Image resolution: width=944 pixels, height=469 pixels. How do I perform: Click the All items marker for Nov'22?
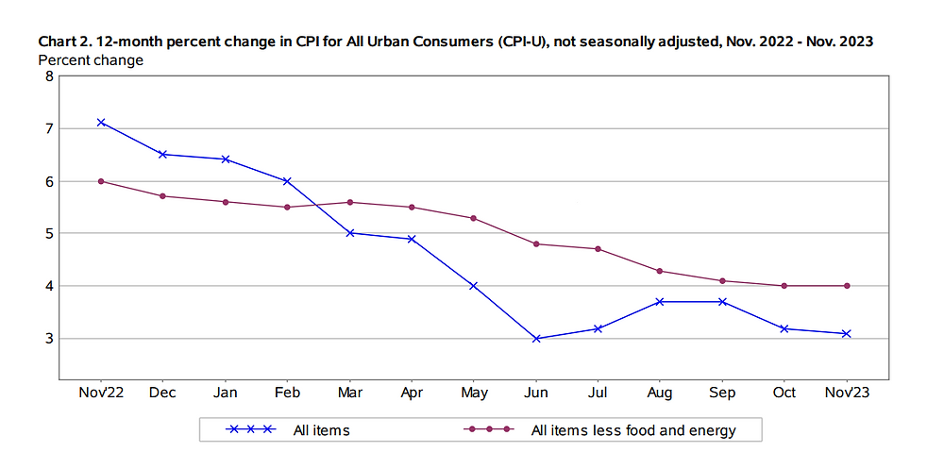(x=101, y=122)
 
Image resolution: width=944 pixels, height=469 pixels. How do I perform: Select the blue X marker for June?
(x=536, y=338)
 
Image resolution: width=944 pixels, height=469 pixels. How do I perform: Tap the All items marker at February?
(x=287, y=181)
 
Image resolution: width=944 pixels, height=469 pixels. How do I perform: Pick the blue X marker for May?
(x=474, y=285)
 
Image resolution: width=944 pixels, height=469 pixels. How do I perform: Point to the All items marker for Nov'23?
(x=847, y=333)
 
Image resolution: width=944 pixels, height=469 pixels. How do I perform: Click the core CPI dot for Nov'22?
(x=101, y=181)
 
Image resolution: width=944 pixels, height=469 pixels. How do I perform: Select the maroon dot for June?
(x=536, y=243)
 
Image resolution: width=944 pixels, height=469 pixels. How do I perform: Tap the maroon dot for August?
(x=660, y=271)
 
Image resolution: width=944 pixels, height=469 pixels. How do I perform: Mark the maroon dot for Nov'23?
(x=847, y=285)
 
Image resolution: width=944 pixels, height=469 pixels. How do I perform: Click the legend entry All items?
(x=321, y=430)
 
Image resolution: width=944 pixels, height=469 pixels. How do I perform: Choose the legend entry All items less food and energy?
(x=632, y=430)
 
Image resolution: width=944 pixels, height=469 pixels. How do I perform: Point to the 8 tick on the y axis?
(x=49, y=76)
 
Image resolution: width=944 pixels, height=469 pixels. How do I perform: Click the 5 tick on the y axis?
(x=49, y=233)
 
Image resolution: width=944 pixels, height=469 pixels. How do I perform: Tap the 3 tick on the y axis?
(x=49, y=338)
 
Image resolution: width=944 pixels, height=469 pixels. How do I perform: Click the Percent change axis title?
(x=91, y=60)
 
